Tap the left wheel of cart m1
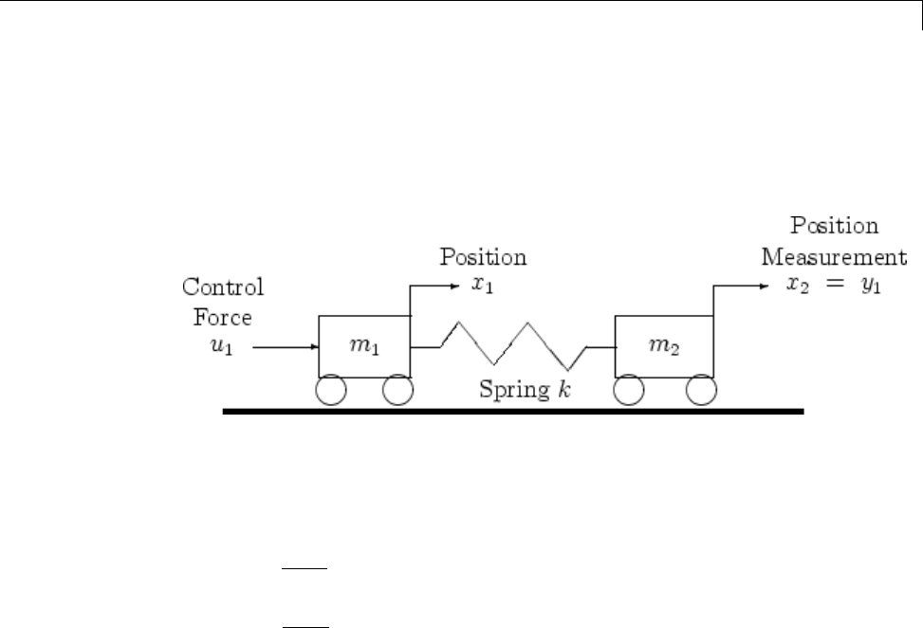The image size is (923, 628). coord(331,391)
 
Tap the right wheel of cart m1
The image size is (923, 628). coord(397,391)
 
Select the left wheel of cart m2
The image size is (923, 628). coord(629,391)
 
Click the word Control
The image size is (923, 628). coord(223,287)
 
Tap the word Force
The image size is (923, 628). coord(224,318)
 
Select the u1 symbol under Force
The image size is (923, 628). coord(221,347)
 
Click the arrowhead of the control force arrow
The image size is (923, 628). coord(313,347)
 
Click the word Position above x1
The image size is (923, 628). coord(482,258)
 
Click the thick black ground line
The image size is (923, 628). coord(512,413)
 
